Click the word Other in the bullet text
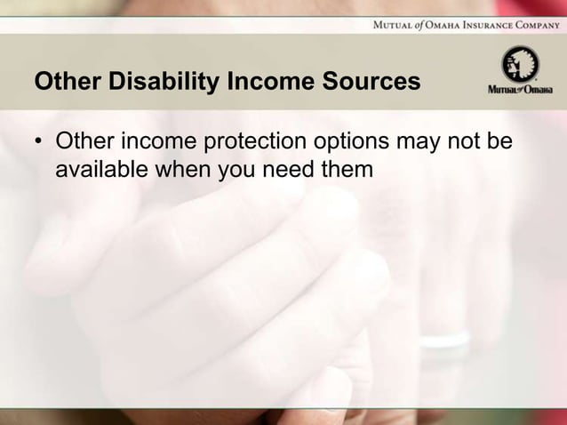click(81, 142)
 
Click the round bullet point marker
click(40, 143)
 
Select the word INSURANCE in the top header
click(471, 23)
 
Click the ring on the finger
click(444, 340)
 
